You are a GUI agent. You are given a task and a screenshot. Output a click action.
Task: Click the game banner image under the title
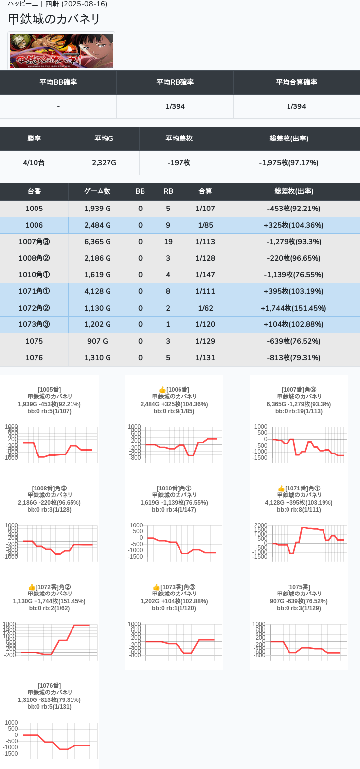[61, 51]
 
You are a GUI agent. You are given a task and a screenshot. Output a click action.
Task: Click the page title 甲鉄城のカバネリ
[54, 19]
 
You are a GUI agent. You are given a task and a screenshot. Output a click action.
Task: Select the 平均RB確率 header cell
[175, 82]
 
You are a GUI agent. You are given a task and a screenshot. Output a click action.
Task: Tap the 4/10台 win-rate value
[34, 162]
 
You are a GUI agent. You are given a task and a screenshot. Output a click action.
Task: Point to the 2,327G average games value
[104, 162]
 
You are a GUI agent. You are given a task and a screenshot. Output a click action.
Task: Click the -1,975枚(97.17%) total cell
[288, 162]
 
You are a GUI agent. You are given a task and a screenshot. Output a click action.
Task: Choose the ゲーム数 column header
[97, 191]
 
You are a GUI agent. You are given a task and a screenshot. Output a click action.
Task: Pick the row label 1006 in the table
[34, 225]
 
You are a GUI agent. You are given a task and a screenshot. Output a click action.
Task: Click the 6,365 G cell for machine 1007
[97, 242]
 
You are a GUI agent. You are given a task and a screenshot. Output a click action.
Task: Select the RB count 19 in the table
[168, 242]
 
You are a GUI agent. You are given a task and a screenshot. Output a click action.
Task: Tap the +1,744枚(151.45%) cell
[293, 308]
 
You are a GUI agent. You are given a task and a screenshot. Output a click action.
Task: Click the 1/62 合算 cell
[205, 308]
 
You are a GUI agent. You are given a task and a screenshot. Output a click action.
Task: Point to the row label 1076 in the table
[34, 358]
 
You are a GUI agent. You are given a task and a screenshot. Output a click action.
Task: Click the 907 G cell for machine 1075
[97, 341]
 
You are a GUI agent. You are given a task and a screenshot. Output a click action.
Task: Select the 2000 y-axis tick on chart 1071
[261, 525]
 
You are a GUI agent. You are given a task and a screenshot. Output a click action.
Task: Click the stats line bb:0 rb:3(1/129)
[299, 608]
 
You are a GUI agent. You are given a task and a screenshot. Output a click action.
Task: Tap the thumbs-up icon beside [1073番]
[156, 587]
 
